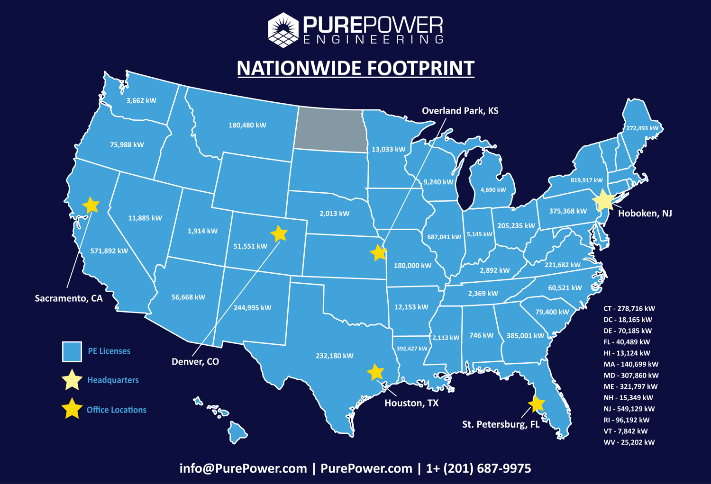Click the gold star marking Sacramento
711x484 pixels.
[x=91, y=205]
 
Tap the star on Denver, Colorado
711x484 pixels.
[x=279, y=233]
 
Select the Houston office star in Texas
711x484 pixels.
[x=375, y=372]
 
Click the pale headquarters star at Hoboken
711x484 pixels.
[x=604, y=200]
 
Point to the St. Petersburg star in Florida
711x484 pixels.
[x=536, y=404]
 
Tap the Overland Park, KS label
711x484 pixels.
[x=460, y=111]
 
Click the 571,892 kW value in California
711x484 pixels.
[x=109, y=251]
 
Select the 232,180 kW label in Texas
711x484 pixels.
[x=334, y=356]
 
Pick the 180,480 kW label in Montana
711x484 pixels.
[x=247, y=125]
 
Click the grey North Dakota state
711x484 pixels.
[x=330, y=129]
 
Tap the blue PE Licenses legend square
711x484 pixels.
[x=72, y=351]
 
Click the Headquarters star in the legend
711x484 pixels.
[x=72, y=380]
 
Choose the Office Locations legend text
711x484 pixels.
[x=116, y=410]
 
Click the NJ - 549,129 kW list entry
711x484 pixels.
[x=629, y=409]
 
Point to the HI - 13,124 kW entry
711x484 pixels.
[x=627, y=353]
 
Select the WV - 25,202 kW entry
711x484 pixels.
[x=629, y=442]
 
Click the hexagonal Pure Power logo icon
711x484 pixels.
[x=283, y=30]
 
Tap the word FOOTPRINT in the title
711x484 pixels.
[x=420, y=68]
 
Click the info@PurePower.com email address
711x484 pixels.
[x=243, y=468]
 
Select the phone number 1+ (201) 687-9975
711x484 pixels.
[x=478, y=468]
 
